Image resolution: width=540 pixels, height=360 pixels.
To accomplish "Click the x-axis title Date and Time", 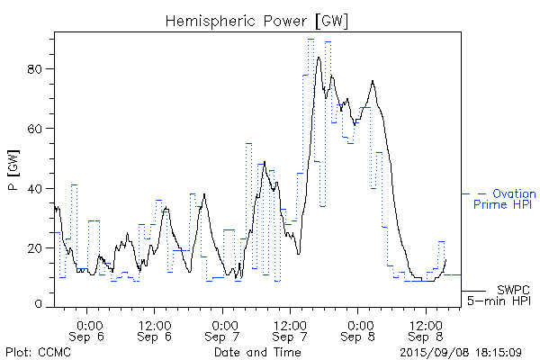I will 257,351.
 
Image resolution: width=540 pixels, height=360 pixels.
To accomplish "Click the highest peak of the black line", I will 319,58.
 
